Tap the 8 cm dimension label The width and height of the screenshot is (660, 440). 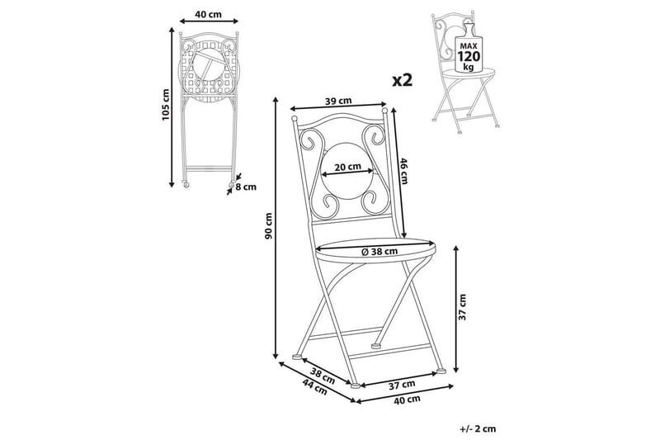tap(246, 187)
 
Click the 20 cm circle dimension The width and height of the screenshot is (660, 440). tap(347, 167)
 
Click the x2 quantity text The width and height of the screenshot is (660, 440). tap(402, 79)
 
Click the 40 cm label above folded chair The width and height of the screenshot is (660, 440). tap(206, 14)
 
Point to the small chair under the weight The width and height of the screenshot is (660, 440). tap(466, 83)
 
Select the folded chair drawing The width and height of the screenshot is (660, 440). tap(205, 107)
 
